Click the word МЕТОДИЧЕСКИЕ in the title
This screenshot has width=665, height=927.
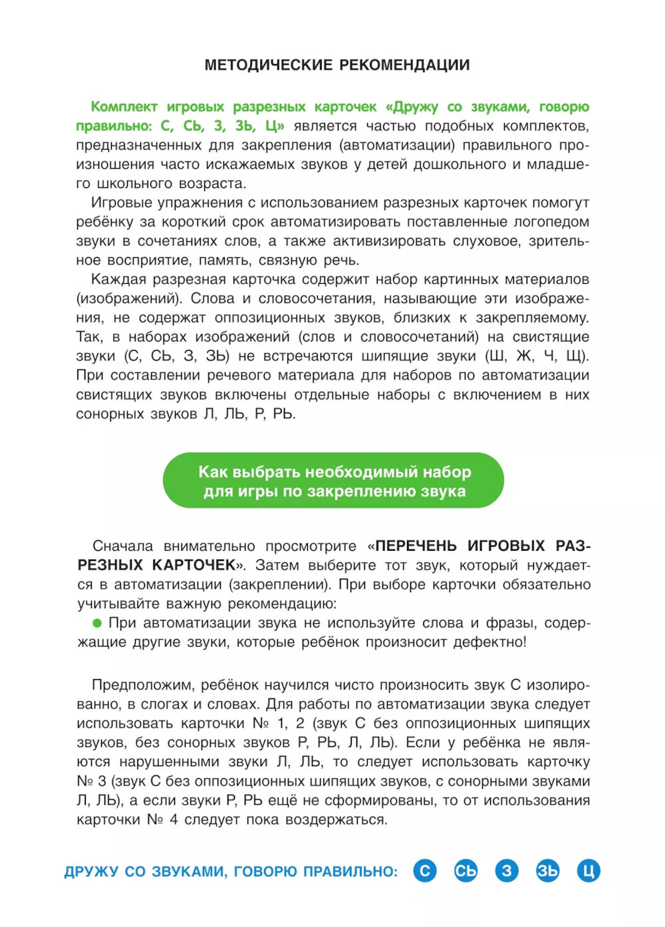(x=269, y=65)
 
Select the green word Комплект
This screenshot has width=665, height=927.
(x=124, y=107)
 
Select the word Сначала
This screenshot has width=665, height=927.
(x=122, y=546)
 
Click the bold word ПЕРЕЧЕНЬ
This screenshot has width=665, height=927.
(x=416, y=546)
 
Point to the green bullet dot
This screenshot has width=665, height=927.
(x=97, y=623)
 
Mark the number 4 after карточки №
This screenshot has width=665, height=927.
(x=174, y=820)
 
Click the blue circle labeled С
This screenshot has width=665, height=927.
(x=425, y=871)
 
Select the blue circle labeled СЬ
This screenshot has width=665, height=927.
(x=465, y=871)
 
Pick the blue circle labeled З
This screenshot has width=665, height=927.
(x=507, y=871)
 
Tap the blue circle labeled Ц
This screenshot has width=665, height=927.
(x=589, y=871)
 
